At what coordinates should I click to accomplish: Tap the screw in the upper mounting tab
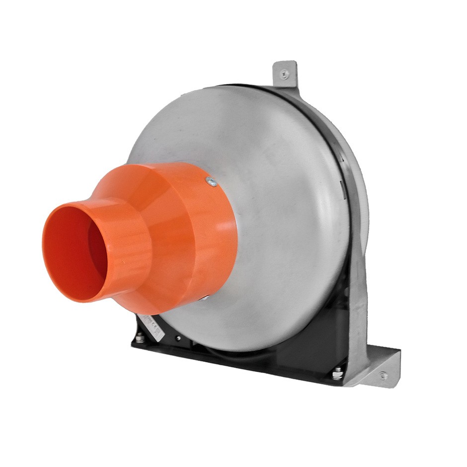pyautogui.click(x=284, y=75)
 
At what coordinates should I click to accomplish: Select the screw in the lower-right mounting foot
pyautogui.click(x=383, y=376)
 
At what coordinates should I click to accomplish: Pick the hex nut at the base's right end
pyautogui.click(x=338, y=372)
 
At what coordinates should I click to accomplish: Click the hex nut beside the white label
pyautogui.click(x=140, y=338)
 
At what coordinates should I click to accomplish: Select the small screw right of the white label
pyautogui.click(x=178, y=338)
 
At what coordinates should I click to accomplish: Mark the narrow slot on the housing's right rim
pyautogui.click(x=342, y=186)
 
